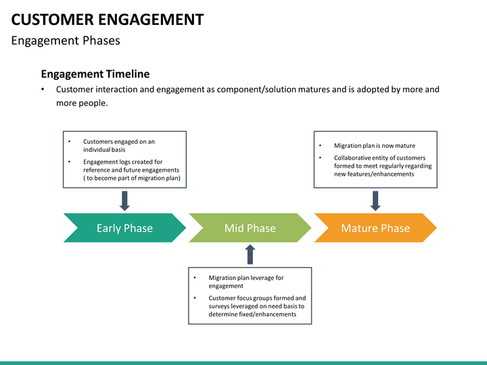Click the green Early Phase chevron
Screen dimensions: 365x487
coord(124,228)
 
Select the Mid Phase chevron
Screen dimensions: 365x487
coord(250,228)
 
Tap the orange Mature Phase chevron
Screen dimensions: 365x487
coord(375,228)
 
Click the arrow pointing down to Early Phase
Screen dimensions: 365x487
coord(124,200)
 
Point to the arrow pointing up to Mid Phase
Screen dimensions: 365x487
coord(250,254)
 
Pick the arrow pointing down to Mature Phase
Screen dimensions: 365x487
coord(375,200)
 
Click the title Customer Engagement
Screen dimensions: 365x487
coord(108,19)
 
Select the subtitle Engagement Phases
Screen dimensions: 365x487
coord(66,41)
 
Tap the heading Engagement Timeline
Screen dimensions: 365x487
coord(95,74)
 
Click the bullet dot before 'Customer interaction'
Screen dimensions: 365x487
coord(43,89)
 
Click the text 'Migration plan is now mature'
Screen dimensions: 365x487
coord(375,145)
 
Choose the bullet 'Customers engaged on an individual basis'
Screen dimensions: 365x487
coord(118,145)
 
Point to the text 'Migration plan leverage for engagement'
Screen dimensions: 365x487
coord(246,282)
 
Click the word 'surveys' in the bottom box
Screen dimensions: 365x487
coord(220,306)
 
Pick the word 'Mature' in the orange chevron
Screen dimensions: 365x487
coord(358,228)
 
